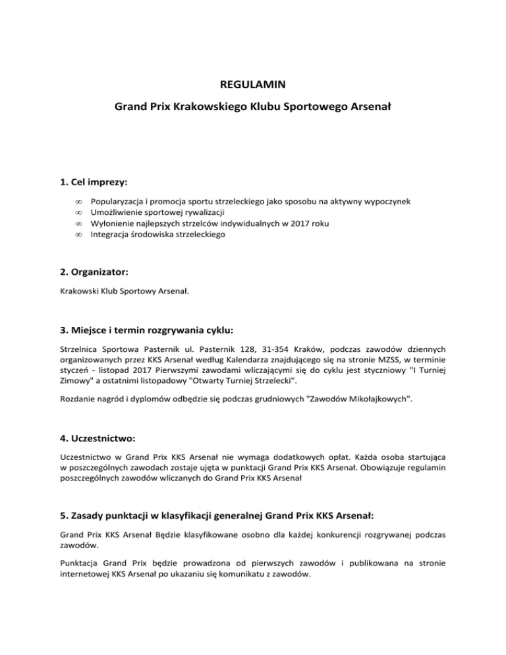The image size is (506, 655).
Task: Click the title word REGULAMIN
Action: point(253,84)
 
